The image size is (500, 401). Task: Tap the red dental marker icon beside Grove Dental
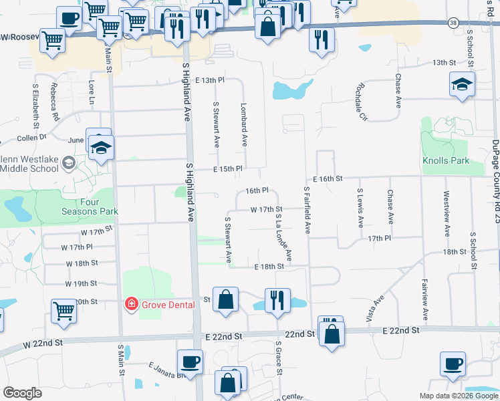(x=132, y=305)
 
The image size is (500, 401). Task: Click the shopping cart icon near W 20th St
(x=64, y=309)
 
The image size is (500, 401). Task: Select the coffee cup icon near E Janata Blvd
(x=191, y=362)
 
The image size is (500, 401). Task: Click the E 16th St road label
(x=328, y=179)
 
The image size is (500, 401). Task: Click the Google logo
(x=23, y=393)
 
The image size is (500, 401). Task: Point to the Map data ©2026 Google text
(x=459, y=396)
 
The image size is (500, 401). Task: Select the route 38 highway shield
(x=453, y=23)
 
